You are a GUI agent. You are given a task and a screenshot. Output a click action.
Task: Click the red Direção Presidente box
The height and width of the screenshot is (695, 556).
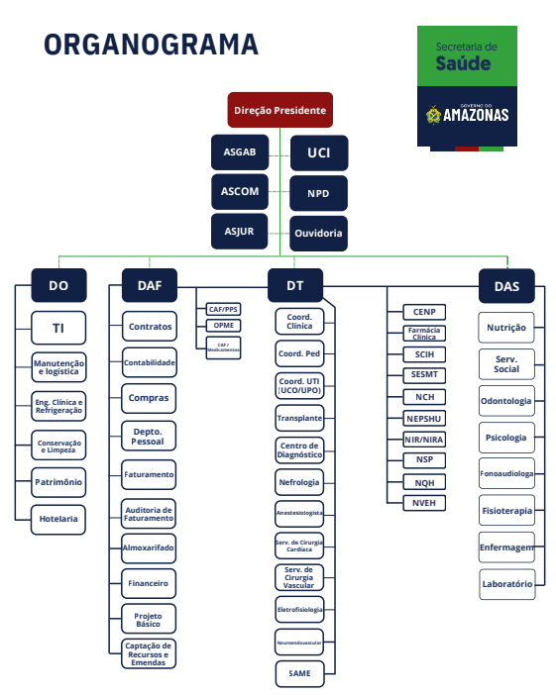point(280,110)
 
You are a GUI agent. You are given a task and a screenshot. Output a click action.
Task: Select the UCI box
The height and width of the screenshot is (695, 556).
point(319,152)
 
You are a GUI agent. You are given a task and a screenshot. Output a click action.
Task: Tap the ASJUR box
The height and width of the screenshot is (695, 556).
point(240,232)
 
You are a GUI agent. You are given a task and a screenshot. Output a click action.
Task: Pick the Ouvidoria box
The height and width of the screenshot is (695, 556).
point(318,233)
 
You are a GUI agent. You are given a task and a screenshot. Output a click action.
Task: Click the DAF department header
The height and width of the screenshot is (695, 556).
point(150,285)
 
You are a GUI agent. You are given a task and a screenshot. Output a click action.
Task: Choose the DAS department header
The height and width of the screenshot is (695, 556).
point(506,286)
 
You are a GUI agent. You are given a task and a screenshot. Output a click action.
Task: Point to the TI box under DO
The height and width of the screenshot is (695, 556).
point(58,328)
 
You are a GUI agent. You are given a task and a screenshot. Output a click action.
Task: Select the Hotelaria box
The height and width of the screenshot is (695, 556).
point(58,519)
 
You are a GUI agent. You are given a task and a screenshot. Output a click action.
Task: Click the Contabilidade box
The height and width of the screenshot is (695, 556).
point(149,362)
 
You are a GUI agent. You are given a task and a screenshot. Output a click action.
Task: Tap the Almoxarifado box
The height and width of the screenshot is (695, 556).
point(149,548)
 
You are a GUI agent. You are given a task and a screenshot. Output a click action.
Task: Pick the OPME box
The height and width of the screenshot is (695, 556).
point(224,326)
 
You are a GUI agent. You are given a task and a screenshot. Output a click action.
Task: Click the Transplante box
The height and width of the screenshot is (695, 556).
point(299,418)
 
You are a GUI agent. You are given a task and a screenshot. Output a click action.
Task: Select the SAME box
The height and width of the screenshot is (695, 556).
point(299,674)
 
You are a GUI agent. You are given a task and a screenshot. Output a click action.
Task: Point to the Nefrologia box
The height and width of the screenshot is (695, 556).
point(299,482)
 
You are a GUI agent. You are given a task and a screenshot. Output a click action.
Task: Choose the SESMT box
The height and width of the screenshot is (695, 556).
point(424,375)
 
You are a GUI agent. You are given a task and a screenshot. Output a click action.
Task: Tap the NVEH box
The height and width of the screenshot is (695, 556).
point(424,503)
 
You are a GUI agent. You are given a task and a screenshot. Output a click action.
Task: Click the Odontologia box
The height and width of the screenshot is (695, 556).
point(506,401)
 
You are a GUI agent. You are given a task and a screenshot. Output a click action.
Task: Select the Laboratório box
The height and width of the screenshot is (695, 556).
point(507,584)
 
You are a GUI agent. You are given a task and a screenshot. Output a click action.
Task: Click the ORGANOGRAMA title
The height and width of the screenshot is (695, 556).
point(151,45)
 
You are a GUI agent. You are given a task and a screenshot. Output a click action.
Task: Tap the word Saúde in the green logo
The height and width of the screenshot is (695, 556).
point(463,63)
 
